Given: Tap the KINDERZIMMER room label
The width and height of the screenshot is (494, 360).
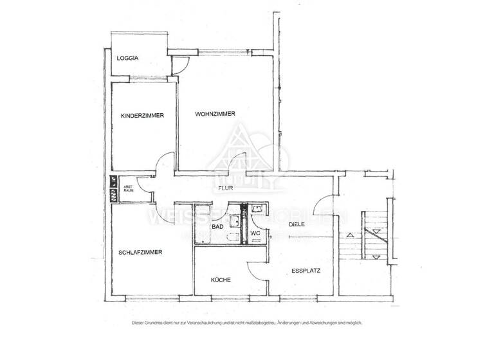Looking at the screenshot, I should (x=142, y=116).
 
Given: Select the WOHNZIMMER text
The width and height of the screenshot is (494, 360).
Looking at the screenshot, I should (x=215, y=114).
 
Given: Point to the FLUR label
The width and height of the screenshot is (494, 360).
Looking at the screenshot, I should (x=224, y=188).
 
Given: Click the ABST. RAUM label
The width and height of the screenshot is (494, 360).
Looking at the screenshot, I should (x=128, y=190).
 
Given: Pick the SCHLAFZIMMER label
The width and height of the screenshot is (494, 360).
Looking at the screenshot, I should (x=140, y=253).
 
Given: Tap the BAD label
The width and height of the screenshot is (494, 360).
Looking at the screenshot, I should (x=217, y=227).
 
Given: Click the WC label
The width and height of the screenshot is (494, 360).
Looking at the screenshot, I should (x=255, y=233).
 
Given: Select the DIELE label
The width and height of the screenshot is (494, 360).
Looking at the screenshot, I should (x=296, y=224).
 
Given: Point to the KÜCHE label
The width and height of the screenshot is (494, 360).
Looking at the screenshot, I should (x=221, y=280).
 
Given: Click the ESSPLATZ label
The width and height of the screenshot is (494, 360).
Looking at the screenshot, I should (x=306, y=271).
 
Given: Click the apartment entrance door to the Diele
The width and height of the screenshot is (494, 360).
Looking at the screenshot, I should (x=325, y=207).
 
